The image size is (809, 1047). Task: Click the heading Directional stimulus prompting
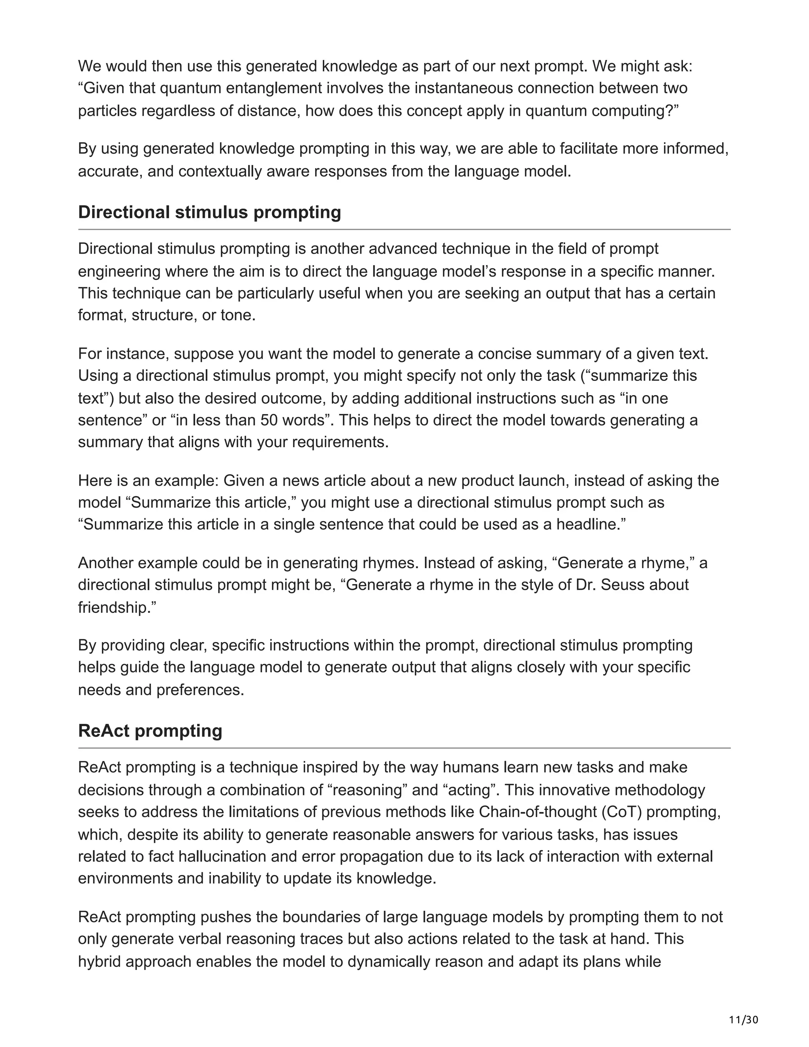(x=209, y=213)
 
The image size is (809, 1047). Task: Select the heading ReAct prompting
(x=150, y=731)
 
